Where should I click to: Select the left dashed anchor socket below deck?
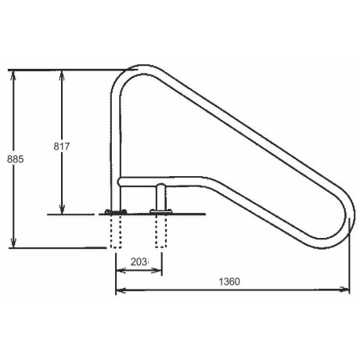117,232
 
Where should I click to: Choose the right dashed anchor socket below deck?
161,232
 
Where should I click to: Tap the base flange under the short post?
161,211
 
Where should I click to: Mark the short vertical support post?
161,196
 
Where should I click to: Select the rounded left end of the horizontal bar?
121,182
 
